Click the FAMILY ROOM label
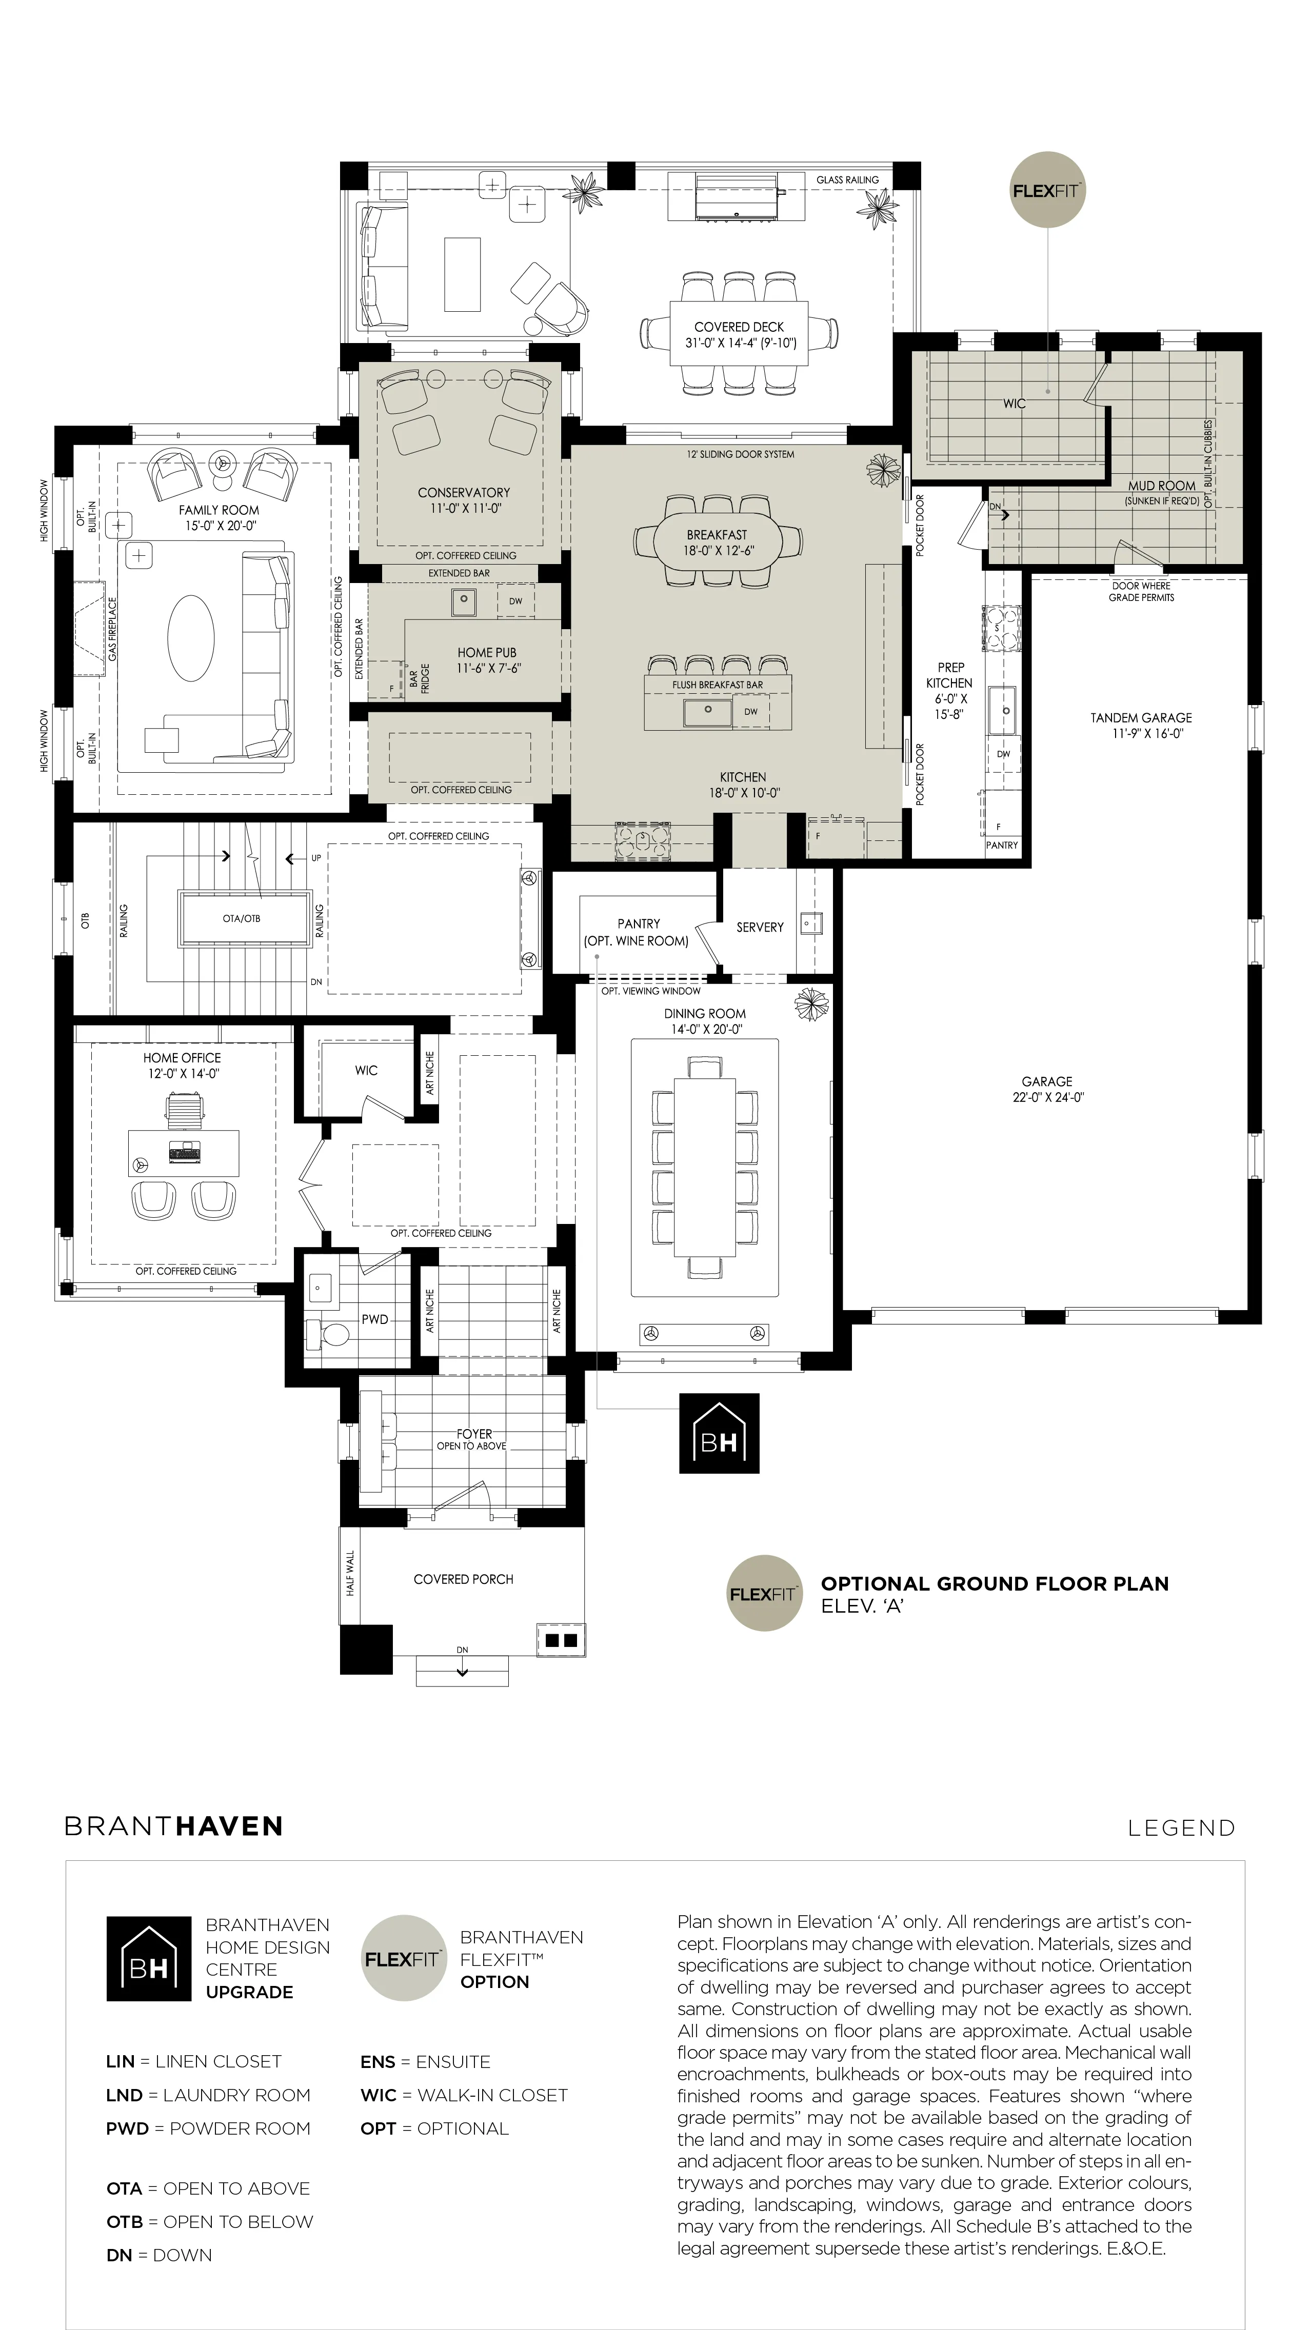tap(219, 510)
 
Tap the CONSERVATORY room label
tap(463, 492)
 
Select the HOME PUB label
tap(487, 652)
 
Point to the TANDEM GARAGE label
tap(1141, 717)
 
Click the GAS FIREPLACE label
tap(113, 629)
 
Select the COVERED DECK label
tap(739, 327)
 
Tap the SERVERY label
tap(759, 927)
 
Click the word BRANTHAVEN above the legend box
tap(174, 1826)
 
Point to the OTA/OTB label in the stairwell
tap(242, 918)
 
